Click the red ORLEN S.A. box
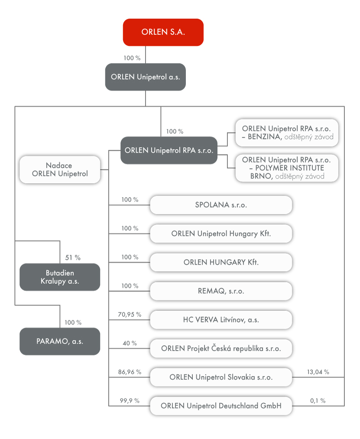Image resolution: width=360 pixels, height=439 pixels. coord(163,32)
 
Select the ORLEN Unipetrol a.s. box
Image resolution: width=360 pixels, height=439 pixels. coord(145,77)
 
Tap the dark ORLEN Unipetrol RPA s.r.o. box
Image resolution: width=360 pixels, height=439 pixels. coord(169,150)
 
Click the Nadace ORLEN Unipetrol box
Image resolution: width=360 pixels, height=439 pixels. coord(59,169)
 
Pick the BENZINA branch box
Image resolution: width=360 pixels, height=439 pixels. coord(287,133)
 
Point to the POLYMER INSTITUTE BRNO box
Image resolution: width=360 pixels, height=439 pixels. coord(287,168)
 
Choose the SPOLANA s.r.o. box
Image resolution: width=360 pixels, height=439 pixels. coord(221,205)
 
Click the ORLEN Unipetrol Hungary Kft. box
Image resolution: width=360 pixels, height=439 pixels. coord(221,234)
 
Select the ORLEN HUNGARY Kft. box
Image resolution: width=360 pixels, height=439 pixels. coord(221,262)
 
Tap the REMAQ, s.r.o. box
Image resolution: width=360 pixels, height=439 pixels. coord(221,291)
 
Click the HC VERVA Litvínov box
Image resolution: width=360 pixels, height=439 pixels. coord(221,320)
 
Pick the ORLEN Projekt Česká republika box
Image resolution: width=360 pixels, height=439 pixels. coord(221,348)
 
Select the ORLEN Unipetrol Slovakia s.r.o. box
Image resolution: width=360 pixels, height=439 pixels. coord(221,377)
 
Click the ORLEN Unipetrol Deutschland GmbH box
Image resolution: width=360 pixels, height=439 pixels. coord(221,406)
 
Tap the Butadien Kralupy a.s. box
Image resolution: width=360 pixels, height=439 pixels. coord(60,277)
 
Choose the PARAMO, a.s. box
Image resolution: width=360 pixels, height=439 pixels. coord(60,341)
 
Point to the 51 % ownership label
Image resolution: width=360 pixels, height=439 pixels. coord(72,257)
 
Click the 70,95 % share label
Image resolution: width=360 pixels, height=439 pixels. coord(130,315)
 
